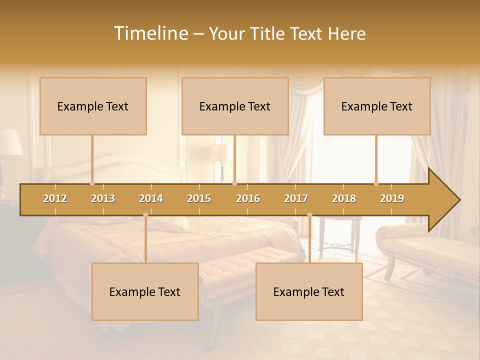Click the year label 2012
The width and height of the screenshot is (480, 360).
pyautogui.click(x=55, y=198)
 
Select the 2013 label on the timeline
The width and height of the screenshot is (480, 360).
pyautogui.click(x=103, y=198)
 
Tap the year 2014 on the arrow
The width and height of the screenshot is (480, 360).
pyautogui.click(x=151, y=198)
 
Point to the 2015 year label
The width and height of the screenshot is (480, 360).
pyautogui.click(x=199, y=198)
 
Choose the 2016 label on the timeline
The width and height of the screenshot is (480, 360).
pyautogui.click(x=248, y=198)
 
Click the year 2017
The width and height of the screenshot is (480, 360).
pyautogui.click(x=296, y=198)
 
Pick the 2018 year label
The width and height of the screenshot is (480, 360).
pyautogui.click(x=344, y=198)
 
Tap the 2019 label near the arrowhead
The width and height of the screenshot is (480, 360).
pyautogui.click(x=392, y=198)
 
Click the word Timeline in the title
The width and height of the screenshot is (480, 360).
pyautogui.click(x=150, y=33)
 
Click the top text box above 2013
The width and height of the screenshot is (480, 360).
pyautogui.click(x=93, y=106)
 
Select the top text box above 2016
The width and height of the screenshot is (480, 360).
pyautogui.click(x=235, y=106)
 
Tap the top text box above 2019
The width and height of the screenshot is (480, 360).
pyautogui.click(x=377, y=106)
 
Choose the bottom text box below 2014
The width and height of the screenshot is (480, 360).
pyautogui.click(x=145, y=291)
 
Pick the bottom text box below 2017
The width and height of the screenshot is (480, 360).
pyautogui.click(x=309, y=291)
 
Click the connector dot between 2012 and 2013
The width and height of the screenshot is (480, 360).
pyautogui.click(x=92, y=183)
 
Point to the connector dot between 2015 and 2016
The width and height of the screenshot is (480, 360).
pyautogui.click(x=235, y=183)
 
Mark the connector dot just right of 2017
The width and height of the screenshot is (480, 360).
pyautogui.click(x=309, y=215)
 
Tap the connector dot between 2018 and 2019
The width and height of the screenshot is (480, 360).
pyautogui.click(x=376, y=183)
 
